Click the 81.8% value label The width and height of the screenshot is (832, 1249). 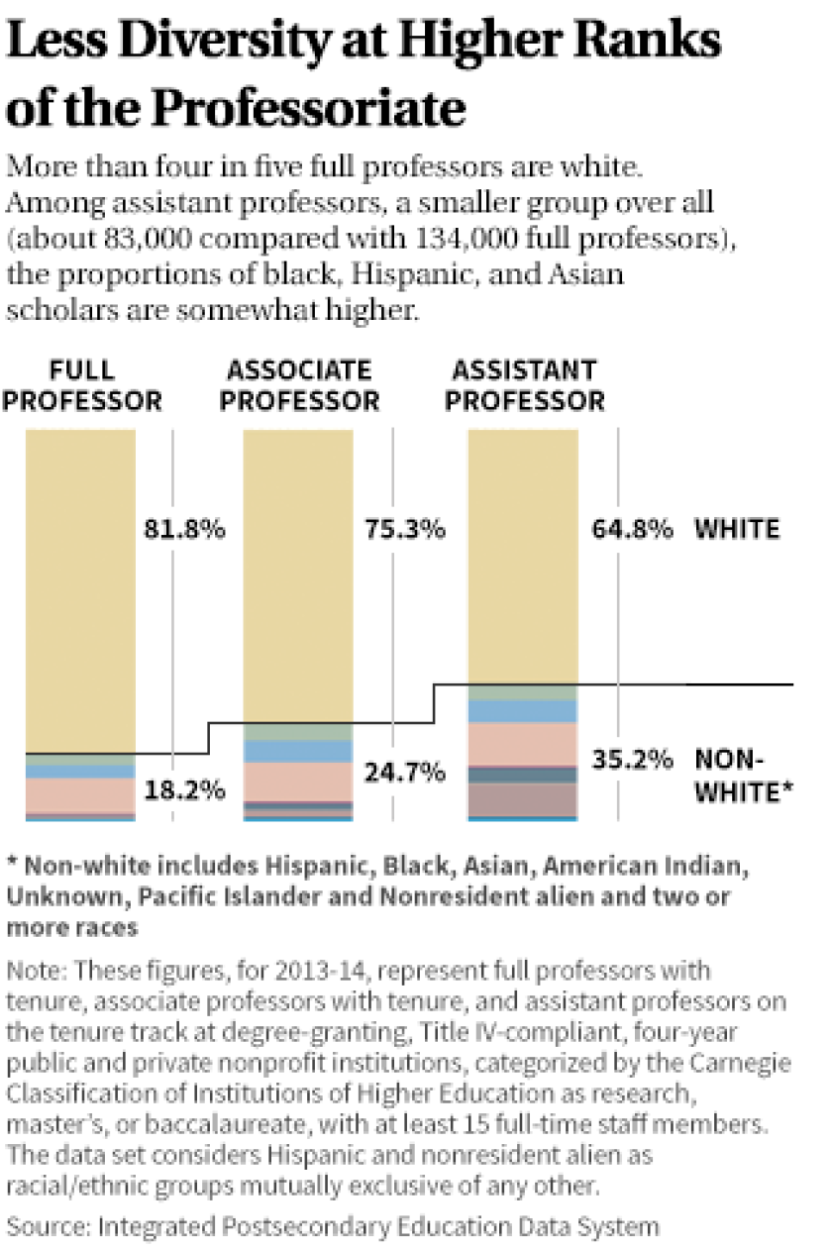pos(183,529)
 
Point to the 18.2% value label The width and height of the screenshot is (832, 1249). pos(183,790)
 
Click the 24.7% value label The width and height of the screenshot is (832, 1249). pos(404,772)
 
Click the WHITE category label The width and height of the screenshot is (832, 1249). pos(737,529)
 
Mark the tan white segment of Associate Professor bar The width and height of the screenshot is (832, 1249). pos(298,574)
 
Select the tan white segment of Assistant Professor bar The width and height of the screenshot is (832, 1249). pos(522,555)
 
